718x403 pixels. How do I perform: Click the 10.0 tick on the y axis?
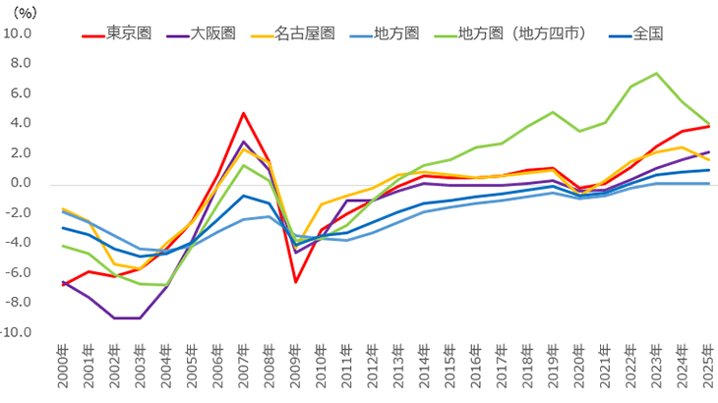coord(18,33)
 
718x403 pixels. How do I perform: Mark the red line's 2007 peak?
coord(244,113)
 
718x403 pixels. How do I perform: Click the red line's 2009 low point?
coord(295,282)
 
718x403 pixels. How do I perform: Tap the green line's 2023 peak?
coord(657,74)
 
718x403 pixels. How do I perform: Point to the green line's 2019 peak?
coord(554,112)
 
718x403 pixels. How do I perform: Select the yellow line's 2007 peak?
coord(244,149)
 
